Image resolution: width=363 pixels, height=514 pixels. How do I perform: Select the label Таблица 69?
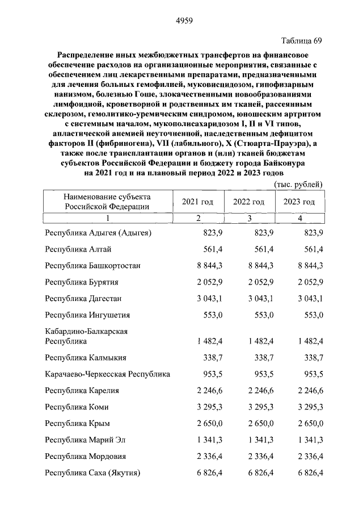[x=302, y=41]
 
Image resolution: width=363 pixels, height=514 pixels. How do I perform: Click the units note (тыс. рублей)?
[x=299, y=184]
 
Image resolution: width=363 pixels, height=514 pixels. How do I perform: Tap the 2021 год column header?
[x=197, y=202]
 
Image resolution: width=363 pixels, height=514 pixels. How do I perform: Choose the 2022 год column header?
[x=249, y=202]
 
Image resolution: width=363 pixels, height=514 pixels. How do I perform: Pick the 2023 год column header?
[x=299, y=202]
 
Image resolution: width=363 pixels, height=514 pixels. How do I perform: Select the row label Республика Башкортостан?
[x=93, y=265]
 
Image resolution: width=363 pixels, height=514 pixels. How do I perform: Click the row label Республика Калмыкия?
[x=86, y=358]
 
